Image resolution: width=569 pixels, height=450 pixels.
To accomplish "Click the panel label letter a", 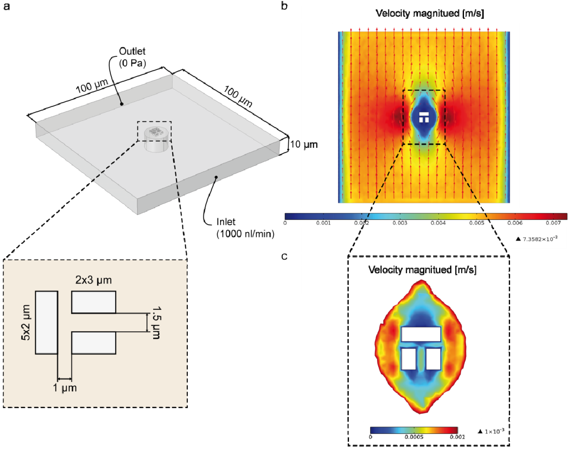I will click(7, 6).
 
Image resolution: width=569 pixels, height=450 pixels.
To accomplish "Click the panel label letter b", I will click(284, 6).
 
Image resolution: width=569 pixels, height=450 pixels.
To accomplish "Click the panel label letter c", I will click(284, 256).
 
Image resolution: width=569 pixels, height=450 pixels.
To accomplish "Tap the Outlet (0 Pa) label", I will click(132, 57).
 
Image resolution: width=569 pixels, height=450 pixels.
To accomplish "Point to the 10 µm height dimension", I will click(304, 144).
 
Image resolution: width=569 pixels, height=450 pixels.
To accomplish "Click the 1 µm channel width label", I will click(65, 388).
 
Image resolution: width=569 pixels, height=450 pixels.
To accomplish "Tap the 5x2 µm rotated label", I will click(26, 323).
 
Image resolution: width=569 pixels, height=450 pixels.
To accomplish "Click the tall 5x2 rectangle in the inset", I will click(46, 323).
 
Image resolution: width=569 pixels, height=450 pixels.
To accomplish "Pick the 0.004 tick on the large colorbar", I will click(438, 223).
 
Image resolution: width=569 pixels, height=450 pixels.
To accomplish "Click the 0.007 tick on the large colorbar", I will click(553, 223).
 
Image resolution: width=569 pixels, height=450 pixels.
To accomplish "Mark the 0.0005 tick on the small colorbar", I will click(414, 437).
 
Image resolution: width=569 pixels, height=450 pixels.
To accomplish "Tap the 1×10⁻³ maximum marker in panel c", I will click(491, 431).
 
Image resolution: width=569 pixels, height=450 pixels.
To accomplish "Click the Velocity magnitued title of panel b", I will click(430, 13).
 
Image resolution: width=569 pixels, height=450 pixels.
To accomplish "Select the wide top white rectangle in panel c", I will click(421, 334).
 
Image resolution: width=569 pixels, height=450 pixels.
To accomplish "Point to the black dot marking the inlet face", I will click(216, 177).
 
